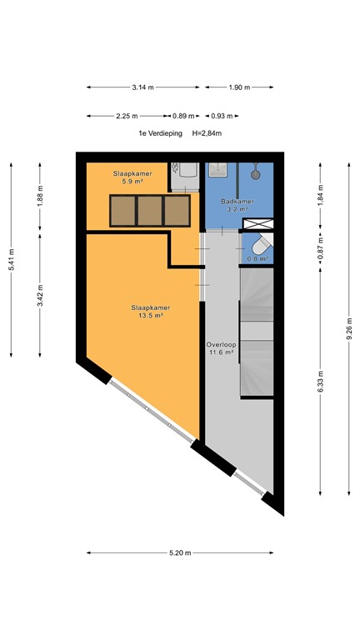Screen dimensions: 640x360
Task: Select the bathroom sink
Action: click(x=218, y=170)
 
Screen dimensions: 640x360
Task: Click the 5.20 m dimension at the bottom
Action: click(x=180, y=552)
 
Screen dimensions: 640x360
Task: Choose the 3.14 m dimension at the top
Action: click(x=143, y=87)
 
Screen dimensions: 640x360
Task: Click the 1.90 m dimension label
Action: click(x=239, y=87)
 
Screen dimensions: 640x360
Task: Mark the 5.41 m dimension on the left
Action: click(x=11, y=258)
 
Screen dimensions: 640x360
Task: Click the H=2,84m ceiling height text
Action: click(x=206, y=133)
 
